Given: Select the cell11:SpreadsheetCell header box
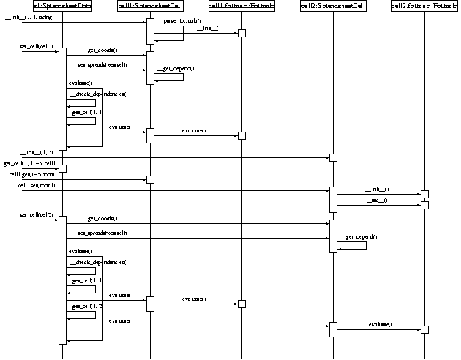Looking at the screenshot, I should click(x=149, y=7).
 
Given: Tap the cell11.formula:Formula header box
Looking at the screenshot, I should click(x=241, y=7).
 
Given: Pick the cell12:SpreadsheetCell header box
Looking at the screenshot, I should click(x=332, y=7).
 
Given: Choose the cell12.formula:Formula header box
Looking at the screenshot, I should click(x=424, y=7).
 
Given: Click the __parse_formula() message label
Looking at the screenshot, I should click(x=179, y=21).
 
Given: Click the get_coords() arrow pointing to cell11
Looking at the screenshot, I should click(x=106, y=53).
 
